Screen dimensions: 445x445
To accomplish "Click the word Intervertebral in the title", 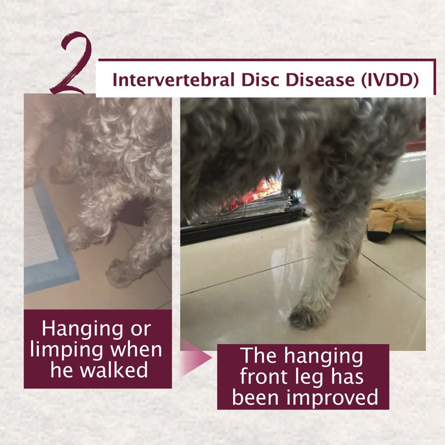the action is pos(174,80).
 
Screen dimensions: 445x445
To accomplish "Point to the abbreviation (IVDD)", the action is pos(390,80).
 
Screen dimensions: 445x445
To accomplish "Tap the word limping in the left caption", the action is pos(67,351).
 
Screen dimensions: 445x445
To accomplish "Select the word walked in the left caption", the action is pos(114,370).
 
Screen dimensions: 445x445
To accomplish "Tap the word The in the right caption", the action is pos(258,355).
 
